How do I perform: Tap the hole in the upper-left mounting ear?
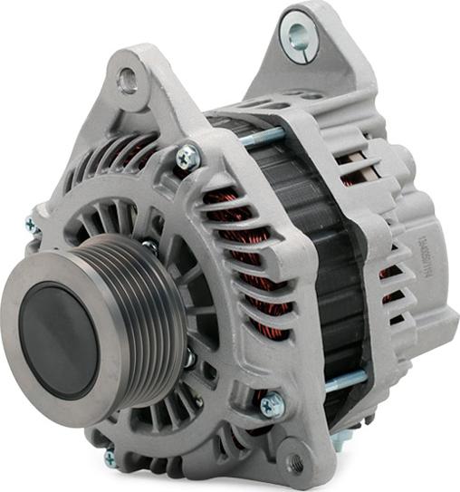(x=128, y=81)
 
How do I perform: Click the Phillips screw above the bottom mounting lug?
(x=271, y=405)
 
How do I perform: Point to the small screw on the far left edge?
(x=33, y=222)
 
